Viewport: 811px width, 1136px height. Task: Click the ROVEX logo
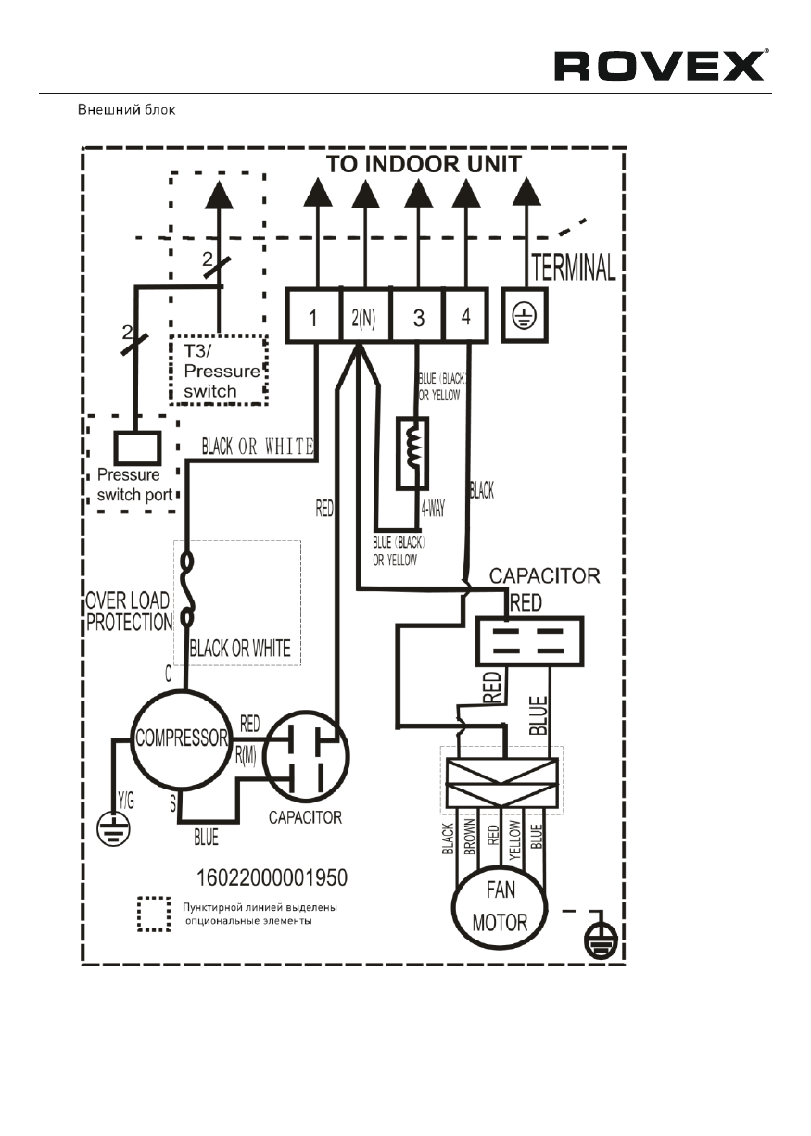659,66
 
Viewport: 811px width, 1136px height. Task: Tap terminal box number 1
313,317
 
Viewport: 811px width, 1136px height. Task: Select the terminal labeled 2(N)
365,317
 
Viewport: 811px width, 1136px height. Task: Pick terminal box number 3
418,317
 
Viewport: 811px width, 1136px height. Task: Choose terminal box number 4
465,317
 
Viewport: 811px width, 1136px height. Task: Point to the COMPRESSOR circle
181,738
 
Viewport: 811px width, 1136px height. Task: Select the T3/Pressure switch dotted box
219,369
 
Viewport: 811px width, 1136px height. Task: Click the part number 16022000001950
273,875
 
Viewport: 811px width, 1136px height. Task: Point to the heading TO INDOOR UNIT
424,164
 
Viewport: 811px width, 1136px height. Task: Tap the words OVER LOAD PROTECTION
129,612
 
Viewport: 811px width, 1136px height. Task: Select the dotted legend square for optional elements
154,914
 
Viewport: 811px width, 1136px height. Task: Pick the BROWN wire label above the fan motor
470,837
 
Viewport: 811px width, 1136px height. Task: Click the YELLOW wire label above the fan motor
515,837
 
